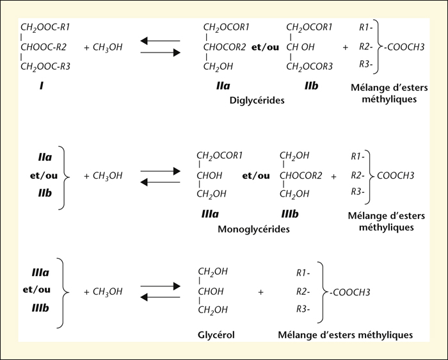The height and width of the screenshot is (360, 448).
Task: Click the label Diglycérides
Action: pos(257,101)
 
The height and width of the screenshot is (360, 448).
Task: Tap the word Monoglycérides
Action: pos(253,229)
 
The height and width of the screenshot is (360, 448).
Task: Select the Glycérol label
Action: pos(216,334)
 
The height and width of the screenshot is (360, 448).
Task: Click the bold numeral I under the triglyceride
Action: pos(42,85)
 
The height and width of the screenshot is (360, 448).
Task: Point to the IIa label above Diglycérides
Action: pos(223,85)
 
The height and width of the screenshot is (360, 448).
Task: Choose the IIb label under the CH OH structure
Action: pos(311,85)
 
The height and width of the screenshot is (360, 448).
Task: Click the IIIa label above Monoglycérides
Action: pos(210,214)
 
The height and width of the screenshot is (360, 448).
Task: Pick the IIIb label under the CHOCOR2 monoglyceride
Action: pos(290,214)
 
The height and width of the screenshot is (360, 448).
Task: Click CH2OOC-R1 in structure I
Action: pos(45,28)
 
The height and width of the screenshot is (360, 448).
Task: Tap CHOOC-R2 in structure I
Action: pos(43,47)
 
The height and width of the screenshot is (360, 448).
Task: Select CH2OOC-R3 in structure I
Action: pos(45,67)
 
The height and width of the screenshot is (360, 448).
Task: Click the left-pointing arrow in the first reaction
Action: pos(160,41)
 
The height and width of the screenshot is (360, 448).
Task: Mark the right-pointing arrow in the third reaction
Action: pos(160,286)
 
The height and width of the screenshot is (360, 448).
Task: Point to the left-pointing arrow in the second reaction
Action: pos(160,182)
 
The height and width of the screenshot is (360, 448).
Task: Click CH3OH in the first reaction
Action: pos(108,47)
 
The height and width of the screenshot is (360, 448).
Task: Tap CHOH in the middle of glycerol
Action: pos(211,291)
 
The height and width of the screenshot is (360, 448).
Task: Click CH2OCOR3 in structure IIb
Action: pos(309,67)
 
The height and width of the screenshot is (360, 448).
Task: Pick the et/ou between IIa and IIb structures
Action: pos(265,47)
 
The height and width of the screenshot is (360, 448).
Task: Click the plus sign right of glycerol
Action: pos(260,292)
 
